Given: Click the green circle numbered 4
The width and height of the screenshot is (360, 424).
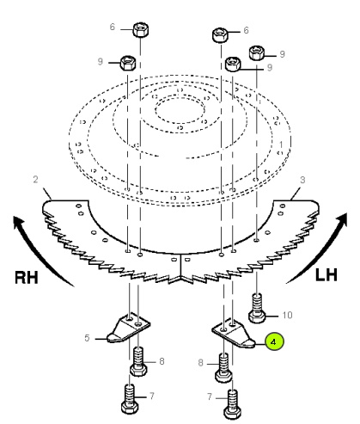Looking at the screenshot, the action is point(274,341).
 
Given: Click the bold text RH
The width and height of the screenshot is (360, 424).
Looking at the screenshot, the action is point(27,278).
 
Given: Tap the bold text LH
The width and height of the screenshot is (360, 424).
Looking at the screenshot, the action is point(326,275).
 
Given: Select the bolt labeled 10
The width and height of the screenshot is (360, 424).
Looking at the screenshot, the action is point(257,308).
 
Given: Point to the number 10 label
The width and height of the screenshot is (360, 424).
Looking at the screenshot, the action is point(287,315).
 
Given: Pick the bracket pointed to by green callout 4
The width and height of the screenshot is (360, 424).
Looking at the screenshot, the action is point(234,333).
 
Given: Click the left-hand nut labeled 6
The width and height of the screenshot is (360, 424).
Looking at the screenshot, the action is point(141,29).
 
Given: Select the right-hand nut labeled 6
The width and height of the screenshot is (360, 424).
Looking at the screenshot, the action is point(220,35).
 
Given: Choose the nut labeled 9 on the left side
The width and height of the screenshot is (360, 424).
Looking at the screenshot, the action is point(128,63).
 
